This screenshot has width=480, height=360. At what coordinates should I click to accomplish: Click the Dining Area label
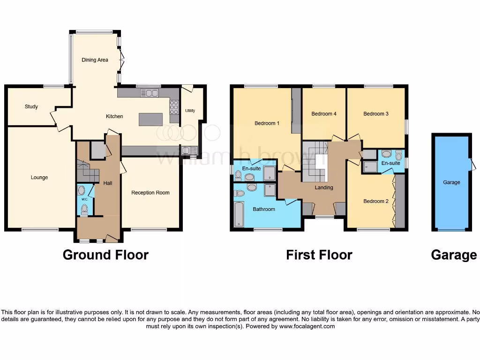pyautogui.click(x=95, y=60)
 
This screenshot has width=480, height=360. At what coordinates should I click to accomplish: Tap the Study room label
pyautogui.click(x=31, y=107)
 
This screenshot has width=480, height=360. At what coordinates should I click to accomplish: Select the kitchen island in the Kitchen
pyautogui.click(x=150, y=119)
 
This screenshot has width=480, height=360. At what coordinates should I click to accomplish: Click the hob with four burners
pyautogui.click(x=174, y=108)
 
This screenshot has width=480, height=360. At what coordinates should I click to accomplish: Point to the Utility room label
pyautogui.click(x=190, y=111)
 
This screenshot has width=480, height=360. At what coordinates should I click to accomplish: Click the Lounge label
pyautogui.click(x=39, y=178)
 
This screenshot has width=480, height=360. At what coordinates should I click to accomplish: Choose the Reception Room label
pyautogui.click(x=150, y=193)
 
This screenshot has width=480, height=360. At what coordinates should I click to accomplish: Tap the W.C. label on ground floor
pyautogui.click(x=84, y=200)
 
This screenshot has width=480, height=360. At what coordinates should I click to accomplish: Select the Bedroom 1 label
pyautogui.click(x=267, y=123)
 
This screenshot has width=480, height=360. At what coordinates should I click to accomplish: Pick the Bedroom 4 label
pyautogui.click(x=324, y=114)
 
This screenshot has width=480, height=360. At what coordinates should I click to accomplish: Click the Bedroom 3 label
pyautogui.click(x=376, y=114)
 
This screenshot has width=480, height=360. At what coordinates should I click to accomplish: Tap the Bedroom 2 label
pyautogui.click(x=376, y=202)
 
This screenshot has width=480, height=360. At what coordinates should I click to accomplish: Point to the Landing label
pyautogui.click(x=324, y=187)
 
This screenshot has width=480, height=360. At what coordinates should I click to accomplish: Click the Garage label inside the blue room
pyautogui.click(x=451, y=182)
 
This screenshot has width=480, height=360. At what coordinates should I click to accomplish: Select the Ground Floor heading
pyautogui.click(x=105, y=255)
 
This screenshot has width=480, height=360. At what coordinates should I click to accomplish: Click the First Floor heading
pyautogui.click(x=319, y=255)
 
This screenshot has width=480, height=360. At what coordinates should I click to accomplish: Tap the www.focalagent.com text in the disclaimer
pyautogui.click(x=307, y=326)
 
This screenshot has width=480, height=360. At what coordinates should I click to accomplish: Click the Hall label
pyautogui.click(x=107, y=183)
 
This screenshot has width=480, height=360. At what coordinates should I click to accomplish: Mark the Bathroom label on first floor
pyautogui.click(x=264, y=209)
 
